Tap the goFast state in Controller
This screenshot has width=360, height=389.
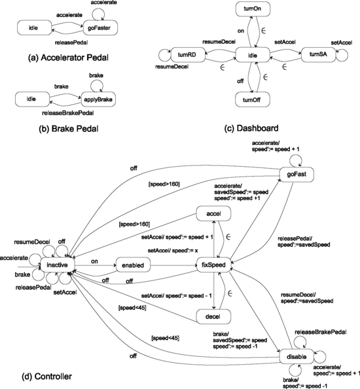293,173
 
